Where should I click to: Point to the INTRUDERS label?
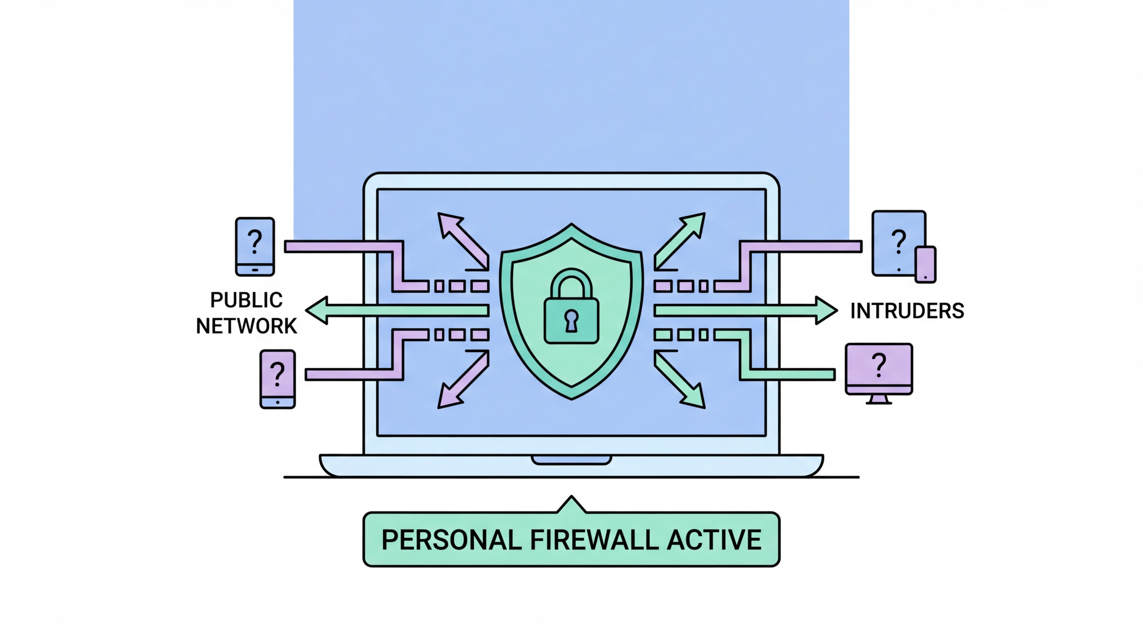click(907, 311)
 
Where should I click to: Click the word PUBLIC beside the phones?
click(246, 300)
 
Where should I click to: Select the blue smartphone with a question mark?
click(254, 247)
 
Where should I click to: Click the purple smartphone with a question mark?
click(277, 379)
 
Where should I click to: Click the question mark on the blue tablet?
click(898, 242)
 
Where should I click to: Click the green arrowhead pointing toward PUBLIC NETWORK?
click(318, 310)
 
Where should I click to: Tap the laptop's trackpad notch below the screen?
click(571, 460)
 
